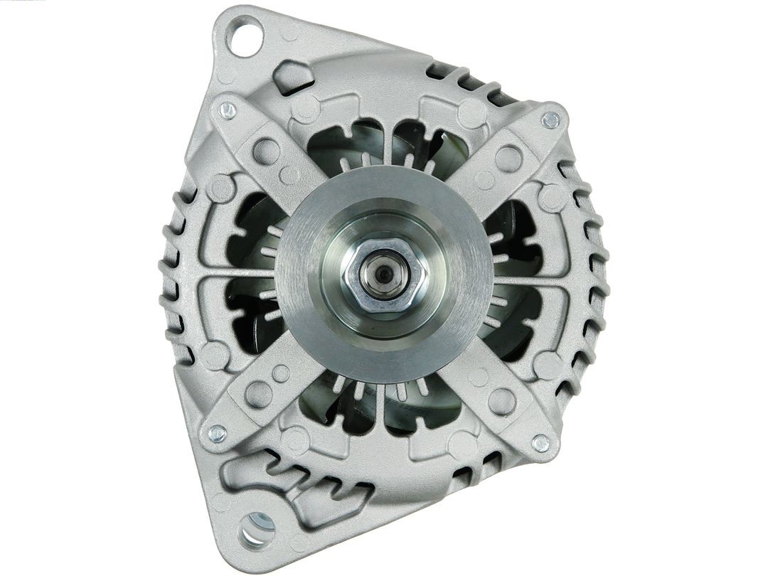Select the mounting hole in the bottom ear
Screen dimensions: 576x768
click(x=257, y=528)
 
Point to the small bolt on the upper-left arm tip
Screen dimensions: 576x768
click(x=228, y=110)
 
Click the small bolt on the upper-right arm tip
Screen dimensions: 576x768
click(x=550, y=120)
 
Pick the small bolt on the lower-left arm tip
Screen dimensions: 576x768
click(x=218, y=432)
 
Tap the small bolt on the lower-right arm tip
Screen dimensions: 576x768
click(x=541, y=443)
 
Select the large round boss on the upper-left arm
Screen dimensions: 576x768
click(x=266, y=151)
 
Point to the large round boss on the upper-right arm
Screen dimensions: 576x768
click(x=509, y=159)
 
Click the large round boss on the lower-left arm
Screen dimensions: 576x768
click(x=258, y=393)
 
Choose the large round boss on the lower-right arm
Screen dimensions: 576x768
click(x=502, y=401)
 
